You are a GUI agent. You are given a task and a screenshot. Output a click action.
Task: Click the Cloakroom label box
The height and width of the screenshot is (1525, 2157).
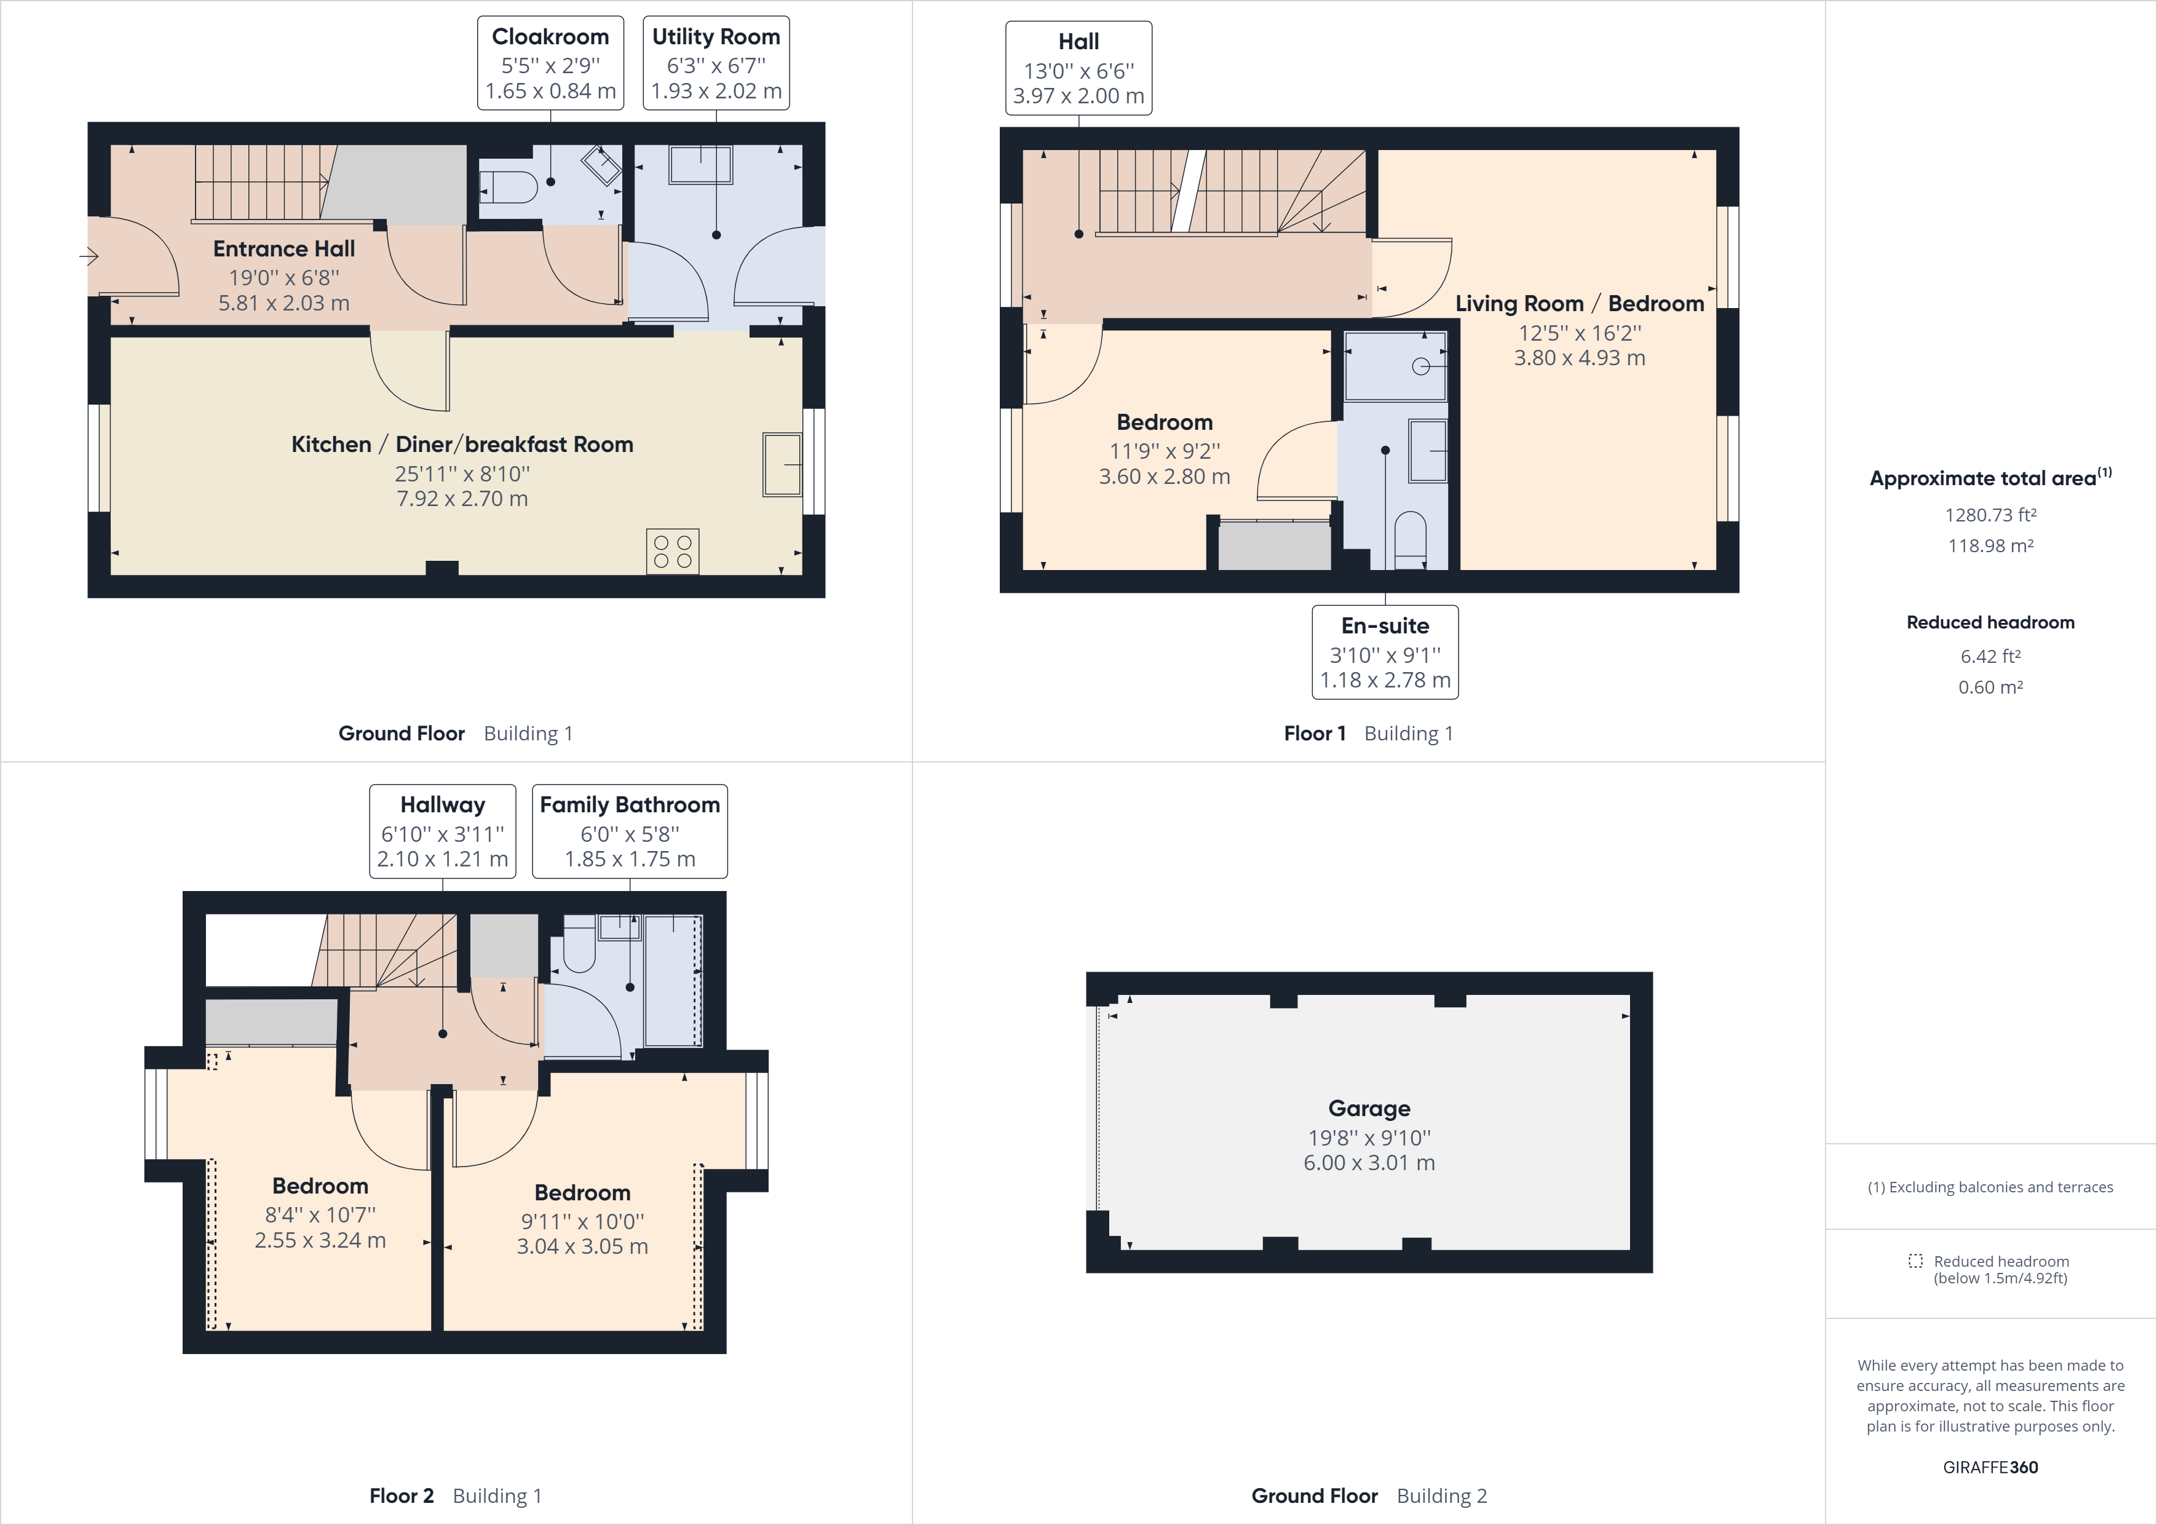click(550, 63)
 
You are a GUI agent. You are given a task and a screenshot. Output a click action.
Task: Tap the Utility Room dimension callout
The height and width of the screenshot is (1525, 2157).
click(716, 63)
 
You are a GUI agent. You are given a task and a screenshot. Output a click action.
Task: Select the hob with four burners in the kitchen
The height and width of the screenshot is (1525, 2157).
click(673, 552)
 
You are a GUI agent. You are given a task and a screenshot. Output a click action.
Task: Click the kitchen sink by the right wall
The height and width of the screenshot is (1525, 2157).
click(782, 464)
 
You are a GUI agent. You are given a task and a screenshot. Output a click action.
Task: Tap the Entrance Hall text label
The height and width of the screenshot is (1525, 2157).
click(283, 249)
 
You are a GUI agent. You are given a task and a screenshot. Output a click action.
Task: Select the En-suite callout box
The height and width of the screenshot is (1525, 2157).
click(1385, 652)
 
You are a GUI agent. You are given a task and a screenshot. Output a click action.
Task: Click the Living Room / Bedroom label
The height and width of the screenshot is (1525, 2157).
click(1579, 304)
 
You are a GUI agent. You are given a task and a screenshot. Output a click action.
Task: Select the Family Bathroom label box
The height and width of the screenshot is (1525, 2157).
click(630, 831)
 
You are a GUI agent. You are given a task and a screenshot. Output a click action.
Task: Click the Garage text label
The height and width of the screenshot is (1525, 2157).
click(1369, 1109)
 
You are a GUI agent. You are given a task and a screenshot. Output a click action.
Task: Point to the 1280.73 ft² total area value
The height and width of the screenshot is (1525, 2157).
click(1990, 515)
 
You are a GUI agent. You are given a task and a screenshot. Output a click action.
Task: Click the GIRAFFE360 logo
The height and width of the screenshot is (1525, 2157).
click(1990, 1467)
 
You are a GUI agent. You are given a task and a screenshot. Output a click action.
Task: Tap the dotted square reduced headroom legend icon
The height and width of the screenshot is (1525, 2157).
click(1915, 1261)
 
